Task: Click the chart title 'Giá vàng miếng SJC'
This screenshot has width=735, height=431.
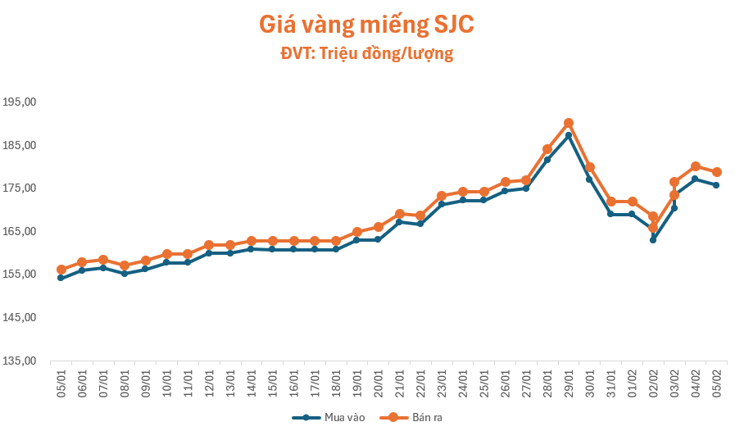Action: click(366, 25)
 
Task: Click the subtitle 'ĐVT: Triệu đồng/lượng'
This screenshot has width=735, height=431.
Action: click(366, 54)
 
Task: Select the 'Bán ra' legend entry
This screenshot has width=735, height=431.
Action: click(411, 418)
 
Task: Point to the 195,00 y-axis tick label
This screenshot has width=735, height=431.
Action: click(20, 102)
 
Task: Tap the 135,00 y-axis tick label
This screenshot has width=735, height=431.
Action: click(20, 361)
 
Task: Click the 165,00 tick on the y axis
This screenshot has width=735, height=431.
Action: click(20, 231)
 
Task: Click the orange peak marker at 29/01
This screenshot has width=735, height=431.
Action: click(569, 123)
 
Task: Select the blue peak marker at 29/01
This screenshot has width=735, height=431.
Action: click(569, 135)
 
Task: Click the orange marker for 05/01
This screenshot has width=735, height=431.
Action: click(61, 270)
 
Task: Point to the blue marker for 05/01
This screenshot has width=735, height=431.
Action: click(61, 278)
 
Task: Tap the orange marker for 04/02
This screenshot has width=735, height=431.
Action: click(695, 166)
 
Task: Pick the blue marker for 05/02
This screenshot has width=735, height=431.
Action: click(716, 185)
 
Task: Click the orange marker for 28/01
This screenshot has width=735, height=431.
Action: click(547, 149)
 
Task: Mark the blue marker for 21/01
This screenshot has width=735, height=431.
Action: click(399, 222)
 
